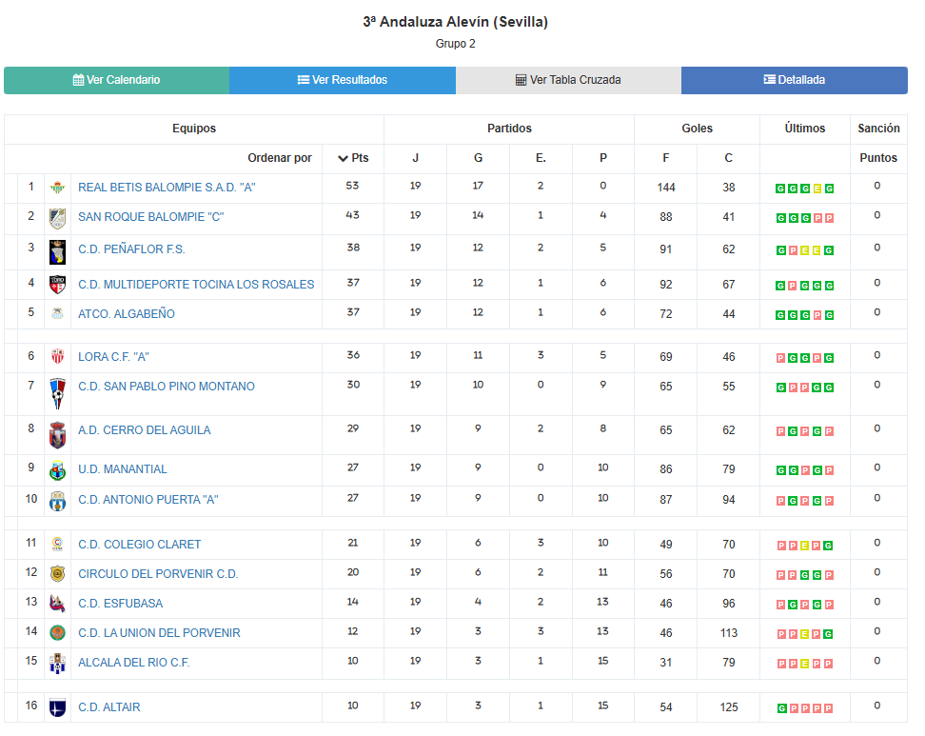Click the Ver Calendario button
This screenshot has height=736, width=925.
(116, 80)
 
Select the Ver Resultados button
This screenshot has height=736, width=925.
(342, 80)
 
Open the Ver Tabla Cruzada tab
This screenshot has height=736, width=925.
(568, 80)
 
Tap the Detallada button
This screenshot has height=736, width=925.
(794, 80)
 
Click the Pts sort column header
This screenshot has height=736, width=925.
(353, 158)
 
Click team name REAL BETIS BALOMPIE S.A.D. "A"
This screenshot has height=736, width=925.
(167, 188)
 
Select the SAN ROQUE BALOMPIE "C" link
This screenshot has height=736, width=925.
(150, 217)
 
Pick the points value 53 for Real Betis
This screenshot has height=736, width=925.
(353, 187)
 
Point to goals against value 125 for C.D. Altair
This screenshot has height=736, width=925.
(729, 707)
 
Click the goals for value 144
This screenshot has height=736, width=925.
(666, 188)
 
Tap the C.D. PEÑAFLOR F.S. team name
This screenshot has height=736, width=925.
(131, 249)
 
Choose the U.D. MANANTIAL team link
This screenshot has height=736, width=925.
(123, 469)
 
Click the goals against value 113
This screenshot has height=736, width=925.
(729, 633)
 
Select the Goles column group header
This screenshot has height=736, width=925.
(697, 129)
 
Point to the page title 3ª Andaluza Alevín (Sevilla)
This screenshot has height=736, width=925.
(455, 22)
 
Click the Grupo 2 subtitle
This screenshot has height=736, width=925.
(455, 44)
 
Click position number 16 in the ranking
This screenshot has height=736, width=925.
(31, 706)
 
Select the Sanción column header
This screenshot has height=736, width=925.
(878, 129)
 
